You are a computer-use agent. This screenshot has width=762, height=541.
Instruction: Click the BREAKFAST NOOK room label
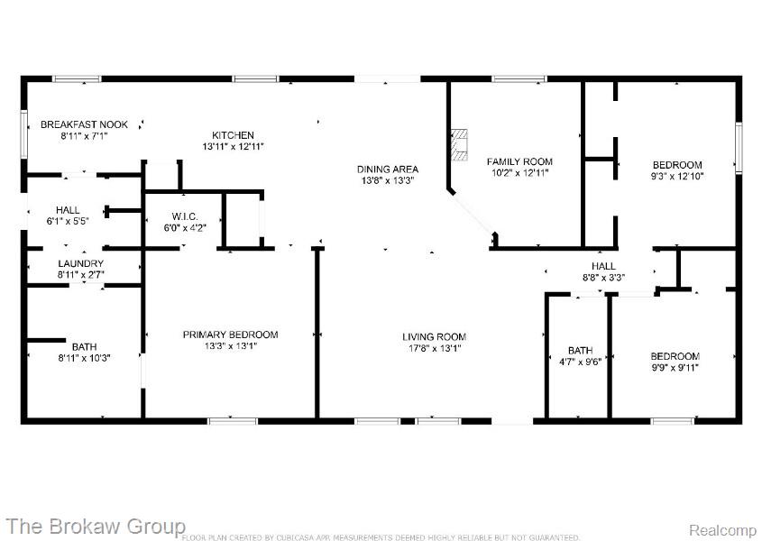[x=84, y=124]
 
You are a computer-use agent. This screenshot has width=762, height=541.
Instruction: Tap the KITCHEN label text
[x=233, y=135]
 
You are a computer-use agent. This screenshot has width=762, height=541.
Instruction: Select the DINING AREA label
[x=388, y=170]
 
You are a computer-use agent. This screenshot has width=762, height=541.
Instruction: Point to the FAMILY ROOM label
[x=519, y=161]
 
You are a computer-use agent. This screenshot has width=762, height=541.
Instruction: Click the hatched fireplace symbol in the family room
[x=459, y=145]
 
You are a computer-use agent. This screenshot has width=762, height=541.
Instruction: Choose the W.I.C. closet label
[x=185, y=216]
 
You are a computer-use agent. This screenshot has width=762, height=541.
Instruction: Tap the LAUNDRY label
[x=80, y=263]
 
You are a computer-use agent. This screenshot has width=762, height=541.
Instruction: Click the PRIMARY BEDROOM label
[x=230, y=335]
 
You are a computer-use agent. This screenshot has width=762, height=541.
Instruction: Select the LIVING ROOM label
[x=434, y=336]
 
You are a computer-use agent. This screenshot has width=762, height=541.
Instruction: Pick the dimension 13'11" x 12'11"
[x=233, y=146]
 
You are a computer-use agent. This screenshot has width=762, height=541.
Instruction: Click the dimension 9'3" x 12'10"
[x=677, y=176]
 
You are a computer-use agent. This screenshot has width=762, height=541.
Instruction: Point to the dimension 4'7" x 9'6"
[x=580, y=362]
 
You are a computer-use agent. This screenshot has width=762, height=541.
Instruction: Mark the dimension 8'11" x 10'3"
[x=84, y=358]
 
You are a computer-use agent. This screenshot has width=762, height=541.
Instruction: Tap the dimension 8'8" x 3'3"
[x=603, y=278]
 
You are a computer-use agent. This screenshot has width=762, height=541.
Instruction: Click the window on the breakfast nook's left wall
[x=23, y=134]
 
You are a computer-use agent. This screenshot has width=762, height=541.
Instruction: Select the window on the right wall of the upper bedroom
[x=739, y=147]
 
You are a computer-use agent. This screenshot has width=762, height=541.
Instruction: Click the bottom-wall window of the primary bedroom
[x=233, y=421]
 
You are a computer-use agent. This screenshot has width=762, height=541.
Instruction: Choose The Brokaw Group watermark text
[x=96, y=527]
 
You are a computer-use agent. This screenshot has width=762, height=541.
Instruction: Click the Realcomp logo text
[x=723, y=530]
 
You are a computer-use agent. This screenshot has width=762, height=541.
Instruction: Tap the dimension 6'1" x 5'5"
[x=68, y=221]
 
